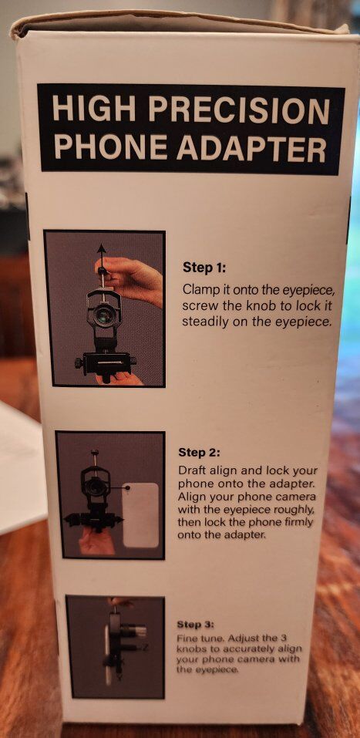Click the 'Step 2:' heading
click(x=199, y=453)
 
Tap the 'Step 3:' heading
click(x=195, y=625)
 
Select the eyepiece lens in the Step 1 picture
click(x=103, y=313)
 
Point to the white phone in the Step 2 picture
click(x=141, y=514)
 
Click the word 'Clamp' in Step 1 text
click(x=197, y=289)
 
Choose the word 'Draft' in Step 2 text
click(x=191, y=470)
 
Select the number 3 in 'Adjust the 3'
click(x=284, y=638)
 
